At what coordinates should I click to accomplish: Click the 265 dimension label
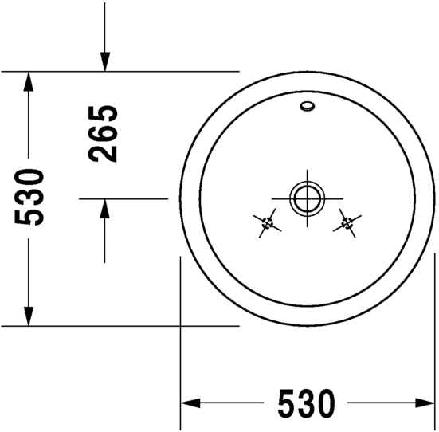103,134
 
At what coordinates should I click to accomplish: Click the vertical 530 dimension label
29,197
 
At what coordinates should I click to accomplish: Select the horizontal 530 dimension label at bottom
306,403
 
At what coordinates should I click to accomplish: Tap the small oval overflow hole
307,106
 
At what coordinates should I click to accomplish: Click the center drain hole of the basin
307,198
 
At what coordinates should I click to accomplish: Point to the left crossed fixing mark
267,223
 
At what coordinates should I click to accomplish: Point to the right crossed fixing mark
347,223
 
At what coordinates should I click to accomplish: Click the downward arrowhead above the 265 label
104,61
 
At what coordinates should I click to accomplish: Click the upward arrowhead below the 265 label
104,209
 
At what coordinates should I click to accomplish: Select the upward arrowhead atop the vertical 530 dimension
28,81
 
